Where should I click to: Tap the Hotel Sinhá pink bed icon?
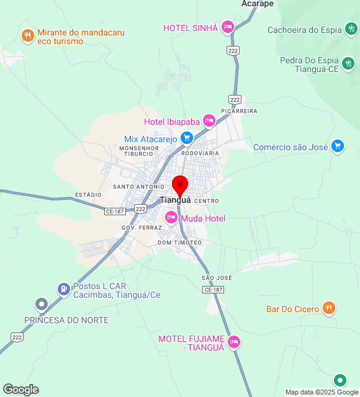click(x=228, y=27)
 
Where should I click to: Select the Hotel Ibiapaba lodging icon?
click(x=209, y=120)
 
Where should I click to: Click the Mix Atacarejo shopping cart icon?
click(x=186, y=138)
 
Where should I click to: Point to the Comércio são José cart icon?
click(x=338, y=146)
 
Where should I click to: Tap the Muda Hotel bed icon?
click(x=171, y=218)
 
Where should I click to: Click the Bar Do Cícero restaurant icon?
click(x=329, y=308)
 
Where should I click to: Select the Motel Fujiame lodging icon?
click(x=234, y=341)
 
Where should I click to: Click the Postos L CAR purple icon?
click(x=63, y=288)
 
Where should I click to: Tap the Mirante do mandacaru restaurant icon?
click(x=27, y=35)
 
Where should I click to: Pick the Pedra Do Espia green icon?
click(x=349, y=63)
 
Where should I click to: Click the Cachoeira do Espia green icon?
click(x=352, y=29)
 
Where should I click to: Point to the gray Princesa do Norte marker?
click(x=42, y=304)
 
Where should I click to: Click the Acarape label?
click(x=258, y=4)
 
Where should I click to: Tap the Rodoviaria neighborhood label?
click(x=200, y=153)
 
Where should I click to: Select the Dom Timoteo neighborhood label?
click(x=180, y=243)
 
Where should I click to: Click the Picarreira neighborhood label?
click(x=239, y=111)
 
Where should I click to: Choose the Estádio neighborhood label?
click(x=88, y=195)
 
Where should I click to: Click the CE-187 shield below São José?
click(x=213, y=290)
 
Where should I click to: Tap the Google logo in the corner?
click(x=20, y=390)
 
